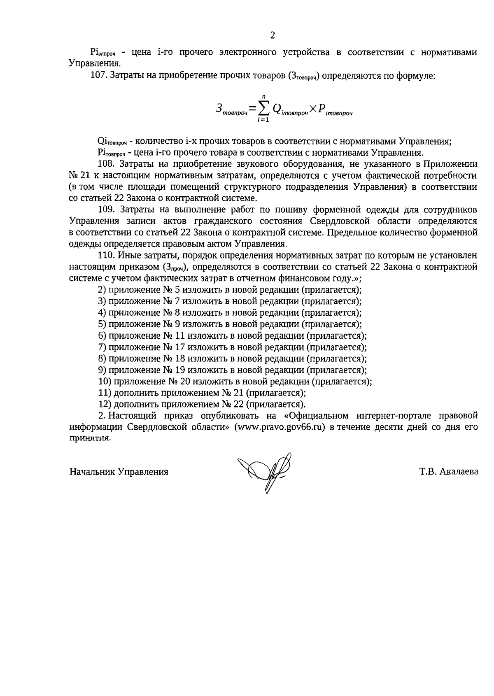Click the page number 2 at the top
(x=272, y=35)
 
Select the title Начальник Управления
(x=119, y=472)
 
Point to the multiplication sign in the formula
(x=313, y=108)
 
